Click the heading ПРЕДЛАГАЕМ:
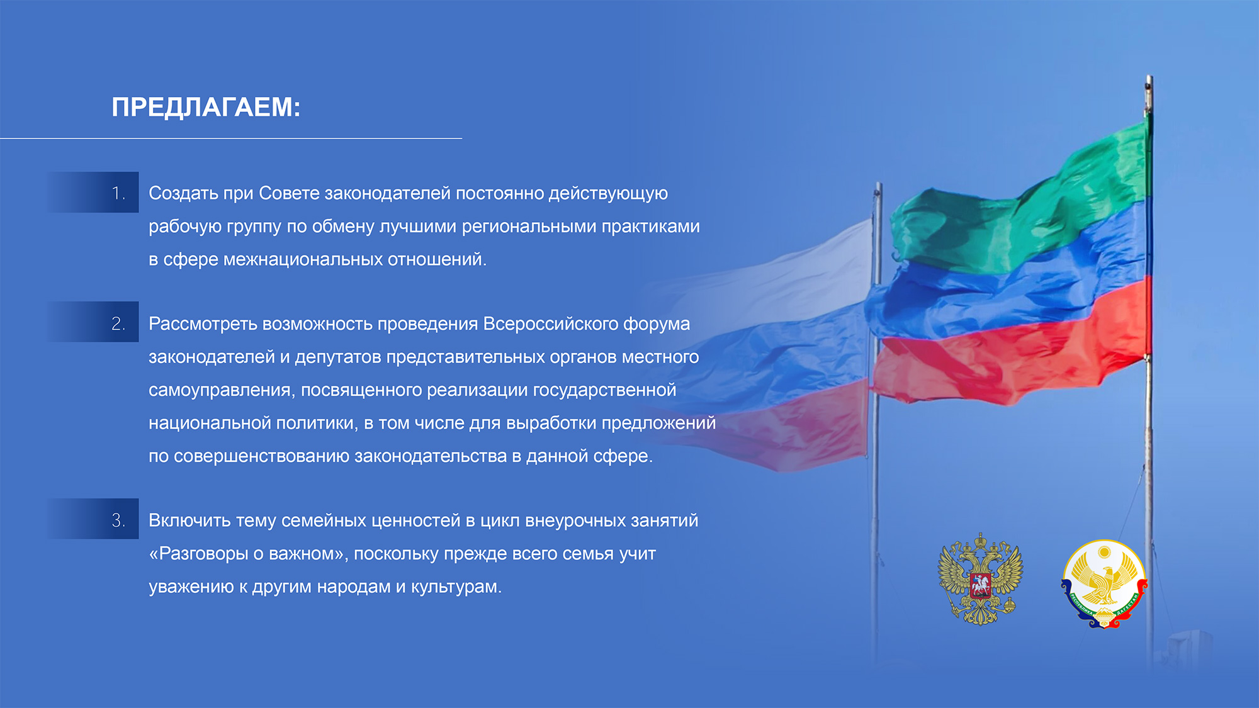(x=206, y=108)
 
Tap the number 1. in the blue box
(x=118, y=193)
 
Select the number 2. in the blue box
(x=118, y=323)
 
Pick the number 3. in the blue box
(x=118, y=520)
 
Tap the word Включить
(x=189, y=520)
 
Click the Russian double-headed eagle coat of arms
(x=980, y=580)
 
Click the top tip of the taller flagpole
(x=1149, y=77)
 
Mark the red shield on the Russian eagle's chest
(x=980, y=584)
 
